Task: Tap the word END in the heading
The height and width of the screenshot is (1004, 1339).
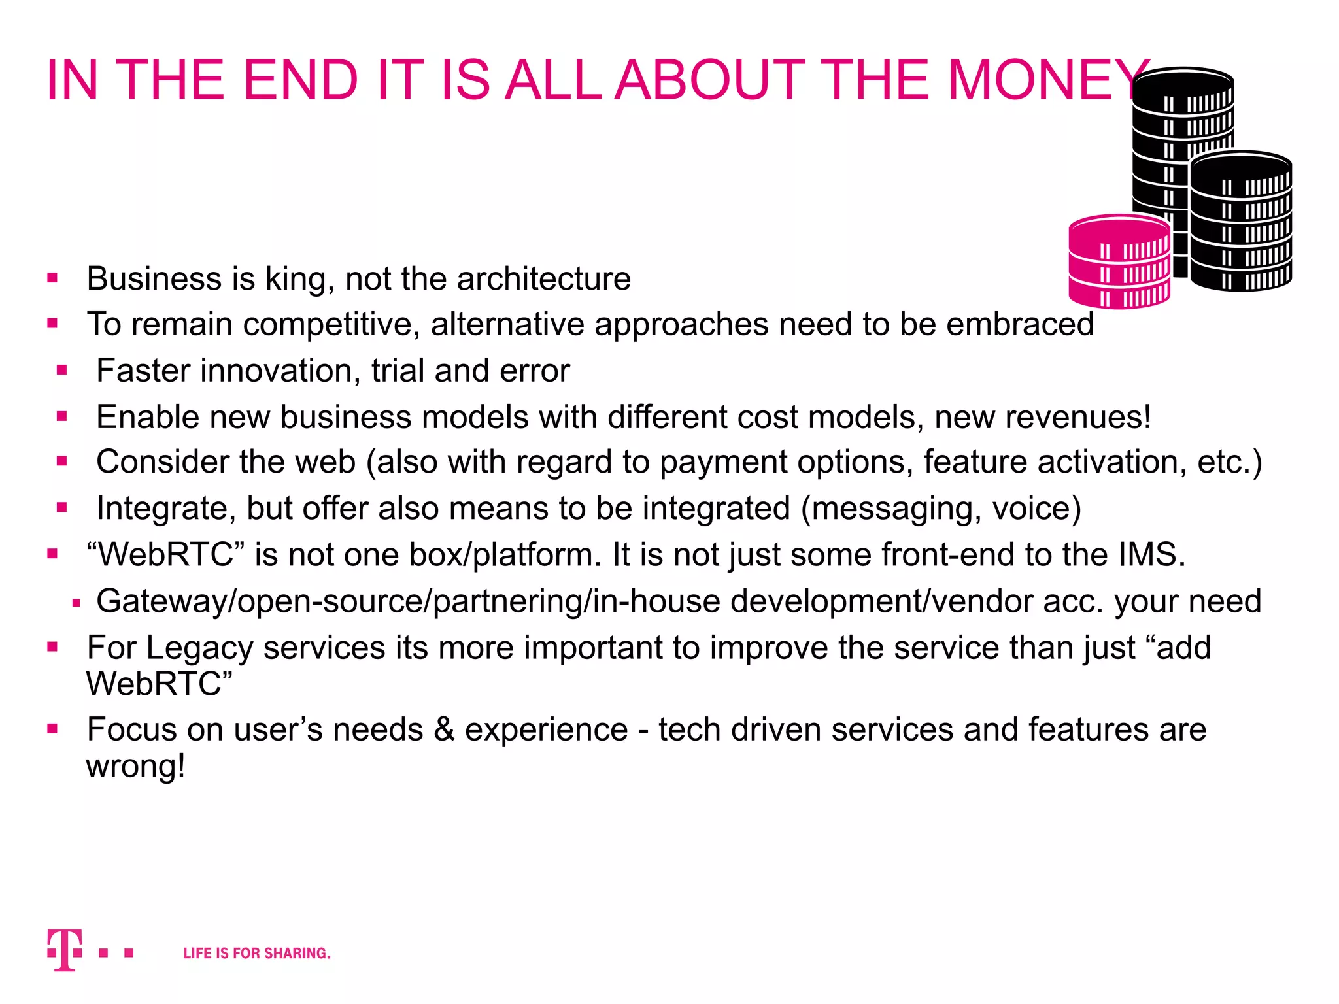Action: coord(301,80)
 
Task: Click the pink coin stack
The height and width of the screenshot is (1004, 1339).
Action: coord(1119,261)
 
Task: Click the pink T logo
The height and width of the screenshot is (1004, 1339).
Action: coord(65,950)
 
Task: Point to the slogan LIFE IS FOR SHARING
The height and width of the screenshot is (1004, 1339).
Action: coord(257,954)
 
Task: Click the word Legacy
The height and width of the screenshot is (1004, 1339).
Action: coord(199,648)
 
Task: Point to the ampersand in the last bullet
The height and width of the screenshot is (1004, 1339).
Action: coord(444,729)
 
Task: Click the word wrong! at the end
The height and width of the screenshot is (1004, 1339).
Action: coord(135,766)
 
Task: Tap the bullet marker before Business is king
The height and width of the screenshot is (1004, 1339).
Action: coord(53,278)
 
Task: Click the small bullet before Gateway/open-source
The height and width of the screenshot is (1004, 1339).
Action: coord(76,603)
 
